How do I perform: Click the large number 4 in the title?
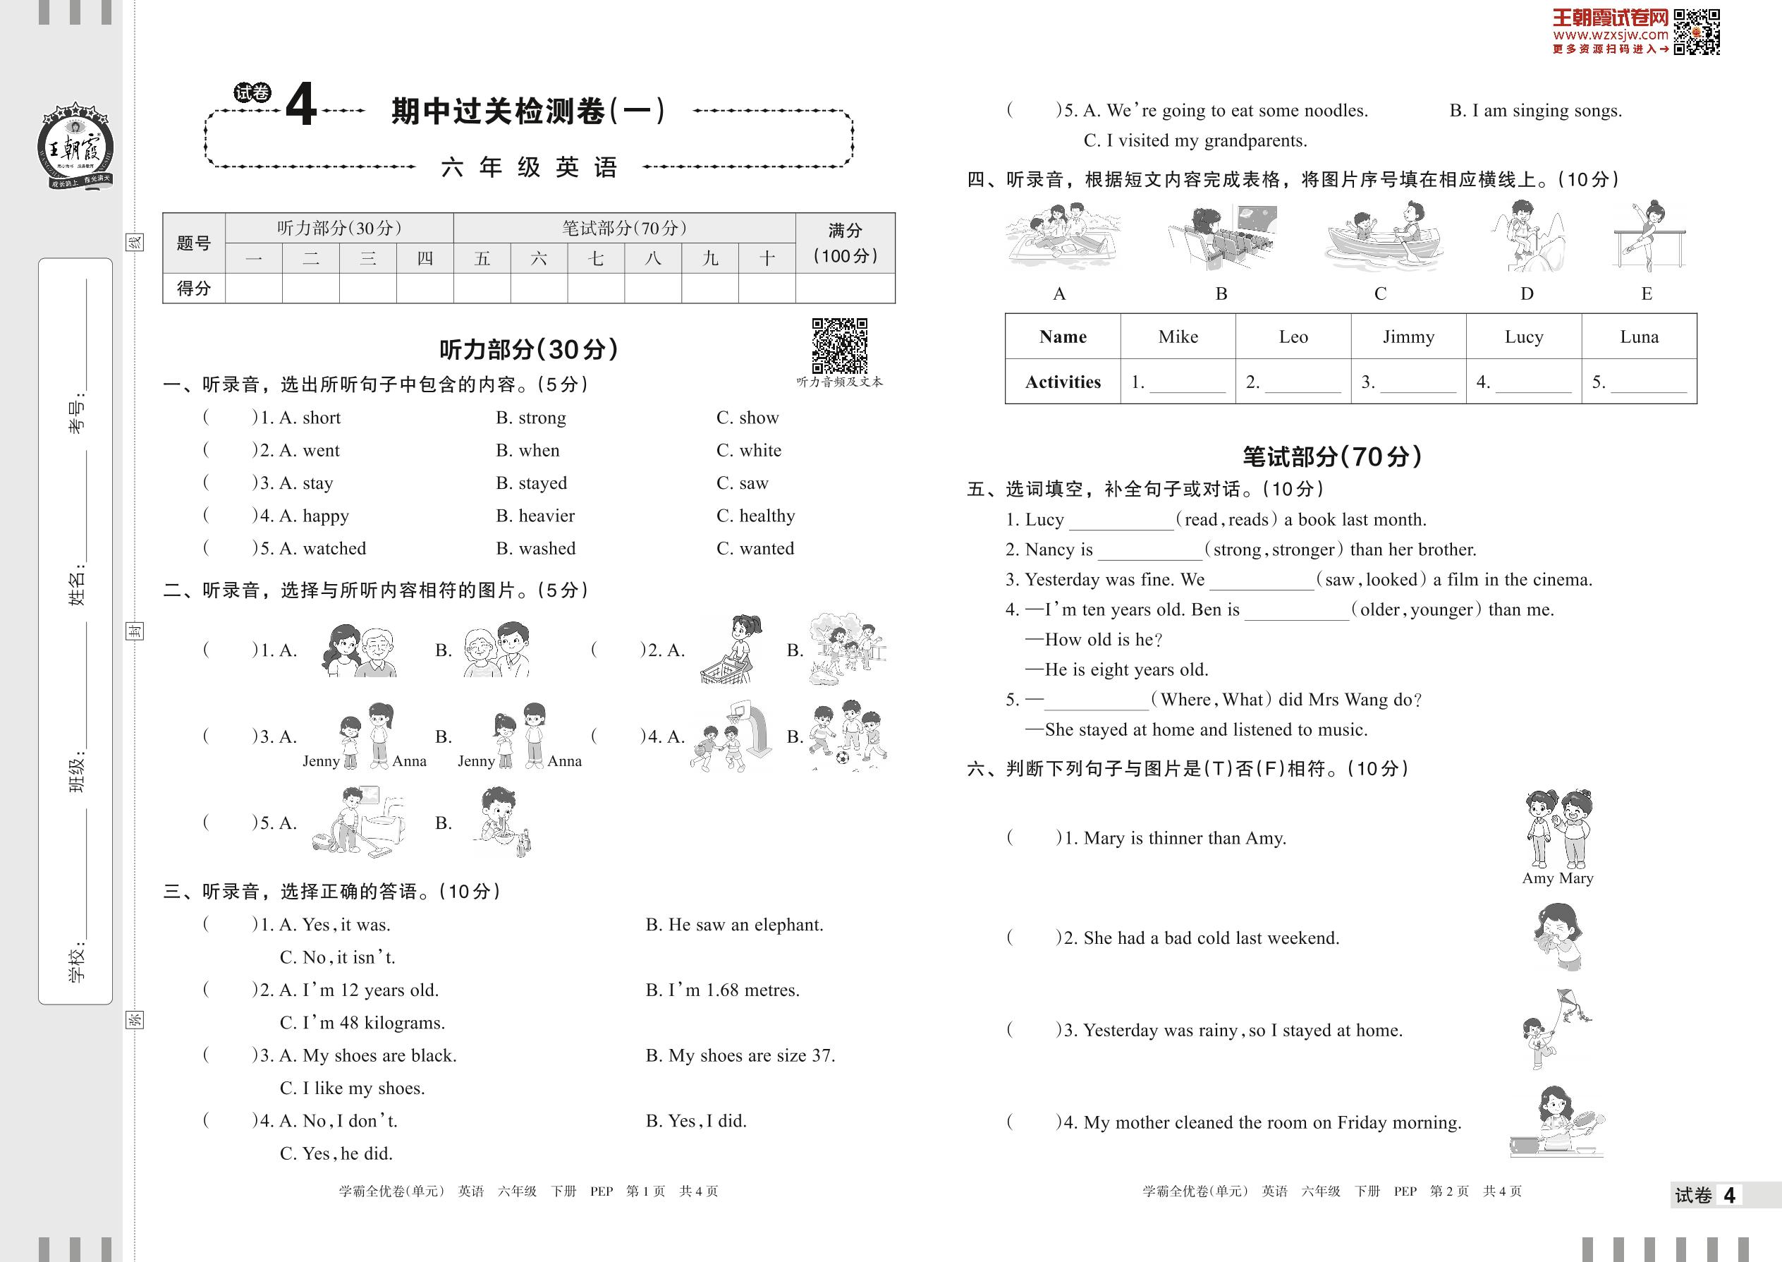coord(301,104)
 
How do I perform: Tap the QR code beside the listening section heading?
coord(839,346)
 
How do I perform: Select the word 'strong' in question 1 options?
coord(542,418)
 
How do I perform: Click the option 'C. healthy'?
coord(755,516)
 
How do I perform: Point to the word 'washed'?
coord(547,549)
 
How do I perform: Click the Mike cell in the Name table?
coord(1178,336)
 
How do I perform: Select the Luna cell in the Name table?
coord(1638,336)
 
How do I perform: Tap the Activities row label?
coord(1063,382)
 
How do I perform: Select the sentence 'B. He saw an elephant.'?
coord(734,925)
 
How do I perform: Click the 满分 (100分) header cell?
coord(846,243)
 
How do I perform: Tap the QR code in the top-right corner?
coord(1697,32)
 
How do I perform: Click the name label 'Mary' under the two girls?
coord(1575,878)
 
